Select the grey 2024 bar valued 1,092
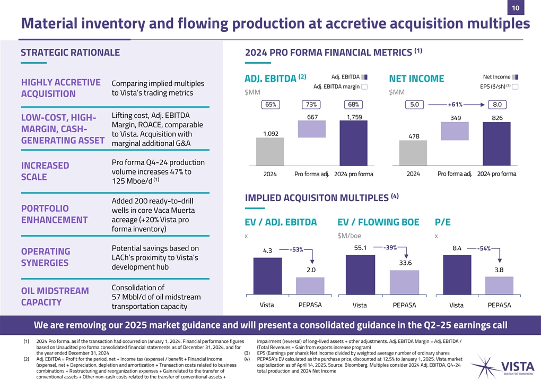point(269,152)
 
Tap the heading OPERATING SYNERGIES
point(46,257)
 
